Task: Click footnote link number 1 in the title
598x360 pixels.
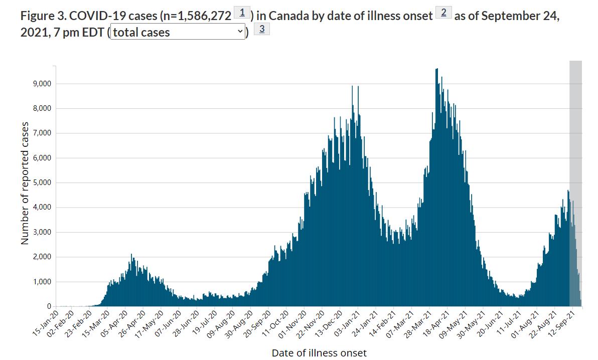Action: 243,13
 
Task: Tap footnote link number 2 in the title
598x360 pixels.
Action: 443,13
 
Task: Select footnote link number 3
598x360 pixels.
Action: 262,29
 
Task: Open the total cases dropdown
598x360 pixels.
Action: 178,33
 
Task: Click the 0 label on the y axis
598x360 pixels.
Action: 49,306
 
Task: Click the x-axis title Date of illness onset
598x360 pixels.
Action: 319,353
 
